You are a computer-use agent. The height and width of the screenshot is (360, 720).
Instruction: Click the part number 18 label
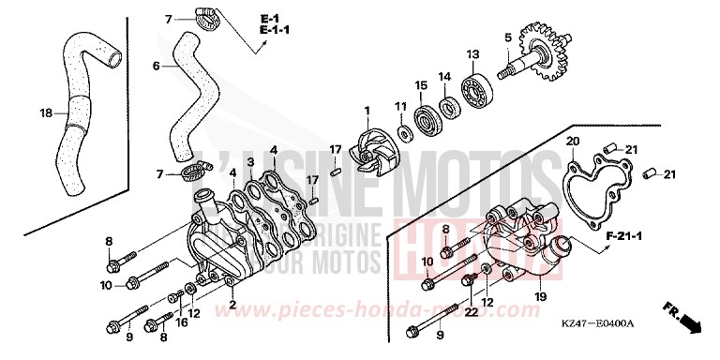click(x=44, y=113)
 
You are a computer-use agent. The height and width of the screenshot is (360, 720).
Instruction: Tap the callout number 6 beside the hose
click(x=157, y=66)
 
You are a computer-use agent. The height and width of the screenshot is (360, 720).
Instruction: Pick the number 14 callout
click(x=445, y=76)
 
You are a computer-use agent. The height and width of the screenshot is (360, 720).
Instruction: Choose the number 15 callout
click(x=422, y=85)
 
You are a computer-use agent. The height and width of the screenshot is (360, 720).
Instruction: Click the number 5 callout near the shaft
click(x=507, y=37)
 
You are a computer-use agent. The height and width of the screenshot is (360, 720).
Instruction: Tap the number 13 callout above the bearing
click(x=473, y=53)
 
